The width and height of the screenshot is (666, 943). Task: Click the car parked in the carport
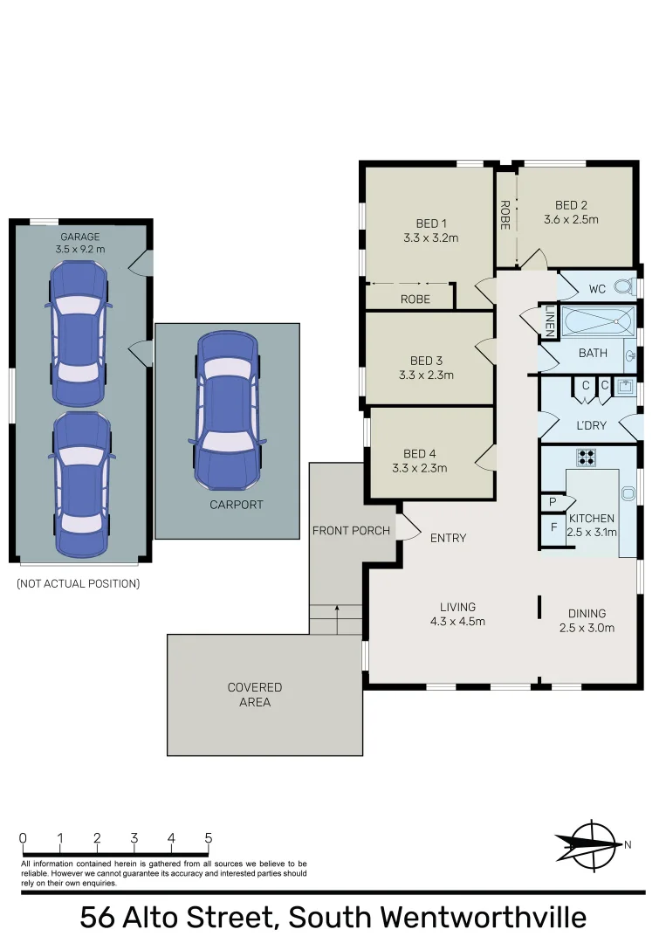(x=227, y=410)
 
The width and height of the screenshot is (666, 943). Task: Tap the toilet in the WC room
(x=623, y=286)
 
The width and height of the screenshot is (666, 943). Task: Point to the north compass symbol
(x=593, y=844)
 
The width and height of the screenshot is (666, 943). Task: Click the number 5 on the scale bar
(x=208, y=839)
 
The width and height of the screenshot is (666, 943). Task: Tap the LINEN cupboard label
(x=550, y=320)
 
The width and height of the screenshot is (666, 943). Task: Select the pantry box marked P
(x=553, y=503)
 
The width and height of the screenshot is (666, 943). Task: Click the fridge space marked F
(x=553, y=527)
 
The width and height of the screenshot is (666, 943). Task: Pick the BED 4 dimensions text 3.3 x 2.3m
(x=419, y=468)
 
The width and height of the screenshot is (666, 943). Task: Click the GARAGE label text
(x=79, y=237)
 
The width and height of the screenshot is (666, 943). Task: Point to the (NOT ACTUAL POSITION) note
(x=78, y=584)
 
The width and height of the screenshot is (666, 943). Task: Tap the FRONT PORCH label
(x=351, y=531)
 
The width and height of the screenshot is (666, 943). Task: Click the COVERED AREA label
(x=255, y=694)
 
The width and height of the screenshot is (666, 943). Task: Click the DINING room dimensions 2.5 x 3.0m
(x=587, y=628)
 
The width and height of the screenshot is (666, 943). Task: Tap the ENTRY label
(x=448, y=538)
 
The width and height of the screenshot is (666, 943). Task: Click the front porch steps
(x=336, y=619)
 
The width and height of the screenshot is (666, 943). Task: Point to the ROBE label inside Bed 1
(x=415, y=299)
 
